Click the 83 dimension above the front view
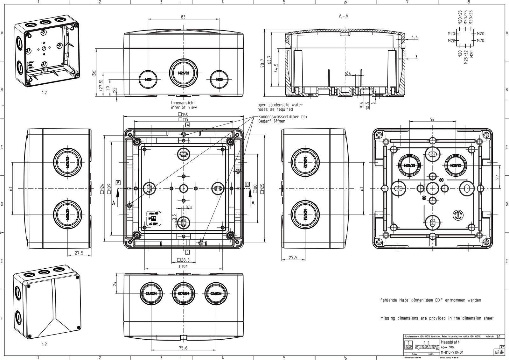(x=183, y=17)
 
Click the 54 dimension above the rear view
(x=432, y=119)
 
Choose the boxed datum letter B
(x=118, y=182)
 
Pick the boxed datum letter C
(x=187, y=252)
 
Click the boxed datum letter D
(x=247, y=184)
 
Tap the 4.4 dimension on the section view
(x=415, y=37)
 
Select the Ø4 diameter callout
(x=348, y=74)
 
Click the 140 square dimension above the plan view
(x=184, y=114)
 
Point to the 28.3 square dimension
(x=183, y=260)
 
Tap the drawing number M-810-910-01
(x=452, y=352)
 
